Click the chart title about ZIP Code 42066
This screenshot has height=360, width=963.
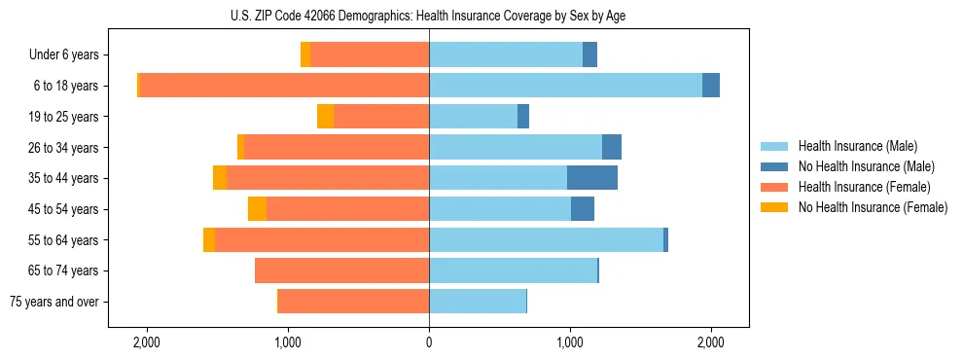428,16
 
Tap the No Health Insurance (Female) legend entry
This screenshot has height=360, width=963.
873,207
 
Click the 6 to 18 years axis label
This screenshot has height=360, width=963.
65,86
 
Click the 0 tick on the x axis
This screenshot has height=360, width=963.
429,342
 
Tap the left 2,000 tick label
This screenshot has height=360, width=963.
147,342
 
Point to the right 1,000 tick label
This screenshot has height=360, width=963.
570,342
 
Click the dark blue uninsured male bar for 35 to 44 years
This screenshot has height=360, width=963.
592,178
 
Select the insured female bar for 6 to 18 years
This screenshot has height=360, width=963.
284,86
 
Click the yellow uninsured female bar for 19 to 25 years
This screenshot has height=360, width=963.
326,117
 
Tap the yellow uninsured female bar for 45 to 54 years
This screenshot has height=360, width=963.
257,209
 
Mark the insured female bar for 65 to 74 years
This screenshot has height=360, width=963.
341,270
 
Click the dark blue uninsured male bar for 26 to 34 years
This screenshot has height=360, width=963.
612,147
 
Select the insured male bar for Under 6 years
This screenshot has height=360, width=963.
506,55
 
